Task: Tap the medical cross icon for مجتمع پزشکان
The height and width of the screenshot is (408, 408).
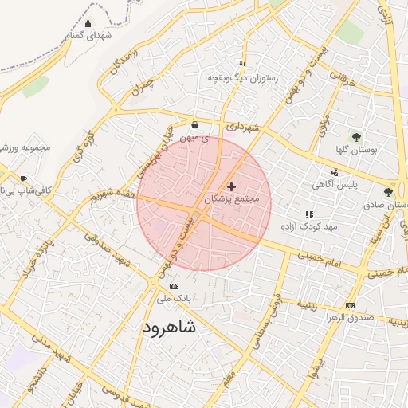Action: pyautogui.click(x=232, y=186)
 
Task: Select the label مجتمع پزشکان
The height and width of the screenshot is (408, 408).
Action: pyautogui.click(x=233, y=199)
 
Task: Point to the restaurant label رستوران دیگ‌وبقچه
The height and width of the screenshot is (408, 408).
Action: pyautogui.click(x=243, y=78)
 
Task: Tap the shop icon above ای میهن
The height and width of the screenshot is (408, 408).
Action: pyautogui.click(x=195, y=124)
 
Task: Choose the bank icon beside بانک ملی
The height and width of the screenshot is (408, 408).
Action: pyautogui.click(x=175, y=287)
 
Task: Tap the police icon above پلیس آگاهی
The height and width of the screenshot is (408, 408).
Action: pyautogui.click(x=335, y=171)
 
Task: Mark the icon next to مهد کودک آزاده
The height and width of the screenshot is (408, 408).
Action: pyautogui.click(x=309, y=214)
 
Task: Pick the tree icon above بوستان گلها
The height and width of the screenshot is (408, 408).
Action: pyautogui.click(x=356, y=137)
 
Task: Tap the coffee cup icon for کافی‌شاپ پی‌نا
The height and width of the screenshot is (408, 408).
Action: pyautogui.click(x=23, y=178)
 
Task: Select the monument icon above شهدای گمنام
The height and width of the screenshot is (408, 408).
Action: pyautogui.click(x=88, y=23)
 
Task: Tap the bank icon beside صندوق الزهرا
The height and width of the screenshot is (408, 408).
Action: pyautogui.click(x=350, y=305)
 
